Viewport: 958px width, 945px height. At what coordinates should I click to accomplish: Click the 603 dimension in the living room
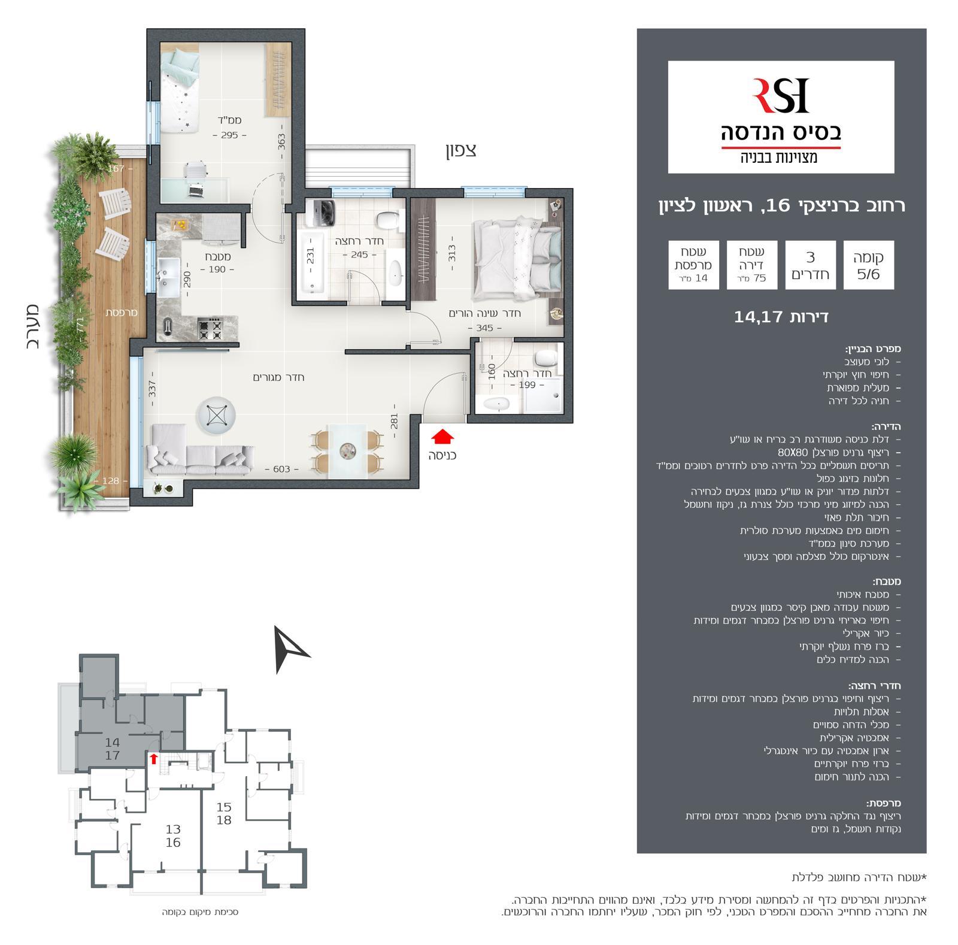(x=281, y=469)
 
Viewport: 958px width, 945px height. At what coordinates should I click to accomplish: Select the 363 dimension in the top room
(x=281, y=142)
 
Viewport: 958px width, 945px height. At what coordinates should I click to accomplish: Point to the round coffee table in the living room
(x=216, y=416)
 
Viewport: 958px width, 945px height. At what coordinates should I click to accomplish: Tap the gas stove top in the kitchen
(x=210, y=328)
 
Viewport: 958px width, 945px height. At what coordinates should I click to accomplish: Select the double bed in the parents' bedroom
(x=517, y=259)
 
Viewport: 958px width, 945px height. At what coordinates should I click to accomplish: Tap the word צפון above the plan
(x=460, y=150)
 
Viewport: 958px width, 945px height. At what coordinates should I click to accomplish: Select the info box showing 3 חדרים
(x=810, y=265)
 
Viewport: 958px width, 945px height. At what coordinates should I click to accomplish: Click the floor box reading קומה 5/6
(x=868, y=265)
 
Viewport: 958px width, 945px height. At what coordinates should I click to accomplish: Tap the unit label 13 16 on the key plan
(x=173, y=836)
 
